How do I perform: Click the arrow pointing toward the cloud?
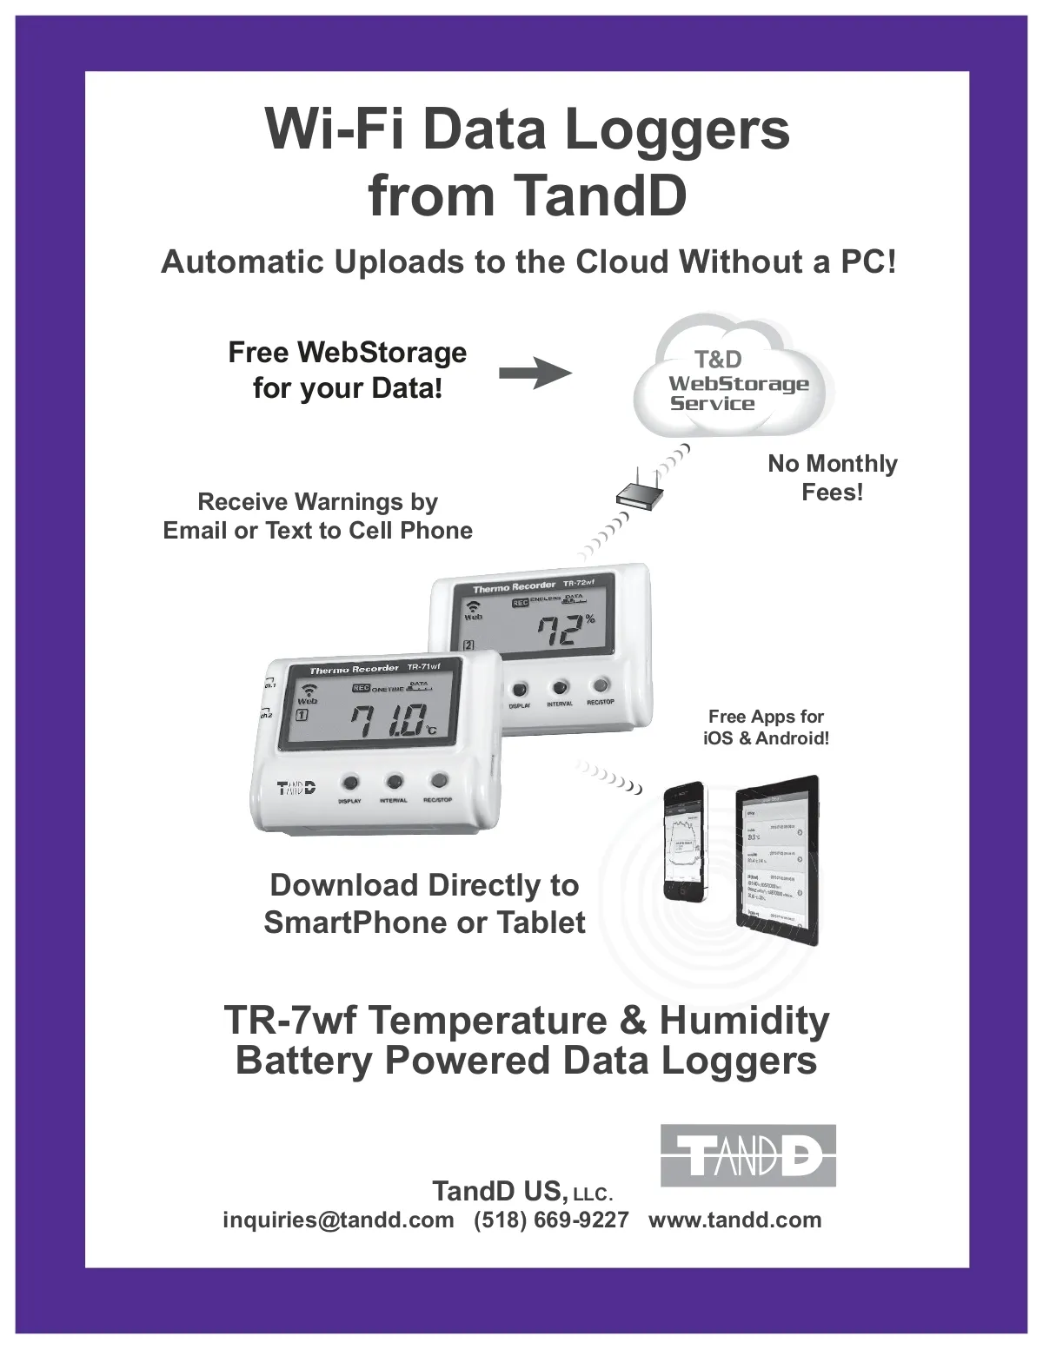(535, 374)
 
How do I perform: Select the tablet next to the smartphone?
(777, 861)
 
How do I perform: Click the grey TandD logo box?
(747, 1155)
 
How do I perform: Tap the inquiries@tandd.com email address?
(338, 1220)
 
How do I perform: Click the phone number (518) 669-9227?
(551, 1220)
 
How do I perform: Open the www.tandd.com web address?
(734, 1220)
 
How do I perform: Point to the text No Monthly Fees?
(832, 478)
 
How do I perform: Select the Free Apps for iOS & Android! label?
(766, 727)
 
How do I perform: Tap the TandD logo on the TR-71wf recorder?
(296, 788)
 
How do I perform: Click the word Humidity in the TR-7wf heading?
(744, 1020)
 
